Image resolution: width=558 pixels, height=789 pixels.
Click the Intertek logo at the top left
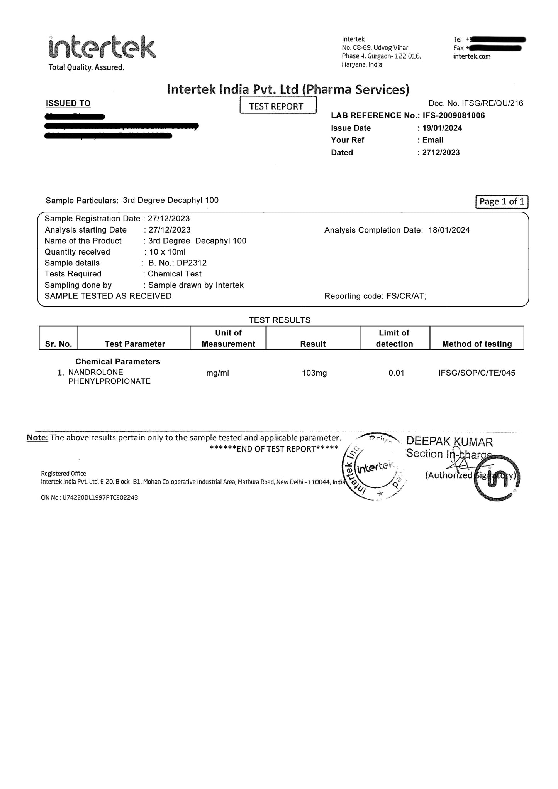(102, 48)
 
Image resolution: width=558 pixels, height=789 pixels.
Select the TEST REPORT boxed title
(278, 106)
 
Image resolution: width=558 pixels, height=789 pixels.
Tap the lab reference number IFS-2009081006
(454, 115)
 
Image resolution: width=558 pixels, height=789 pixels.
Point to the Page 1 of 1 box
(501, 202)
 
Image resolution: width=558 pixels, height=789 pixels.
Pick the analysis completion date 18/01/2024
(449, 230)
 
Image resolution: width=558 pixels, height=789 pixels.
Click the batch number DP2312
(192, 263)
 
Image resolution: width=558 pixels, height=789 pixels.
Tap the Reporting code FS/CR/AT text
(405, 296)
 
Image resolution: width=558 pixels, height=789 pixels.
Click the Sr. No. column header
(58, 344)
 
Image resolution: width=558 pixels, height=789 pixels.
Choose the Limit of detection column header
(394, 338)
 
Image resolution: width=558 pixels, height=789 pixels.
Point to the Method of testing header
(477, 344)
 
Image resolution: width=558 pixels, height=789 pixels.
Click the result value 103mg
(314, 373)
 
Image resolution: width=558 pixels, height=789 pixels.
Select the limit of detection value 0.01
(396, 373)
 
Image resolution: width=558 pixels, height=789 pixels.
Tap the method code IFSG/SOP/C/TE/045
(477, 373)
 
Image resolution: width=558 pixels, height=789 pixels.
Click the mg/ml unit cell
(218, 373)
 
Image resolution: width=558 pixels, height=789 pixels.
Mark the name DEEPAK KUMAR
(449, 442)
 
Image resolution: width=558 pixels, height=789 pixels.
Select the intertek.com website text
(472, 56)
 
